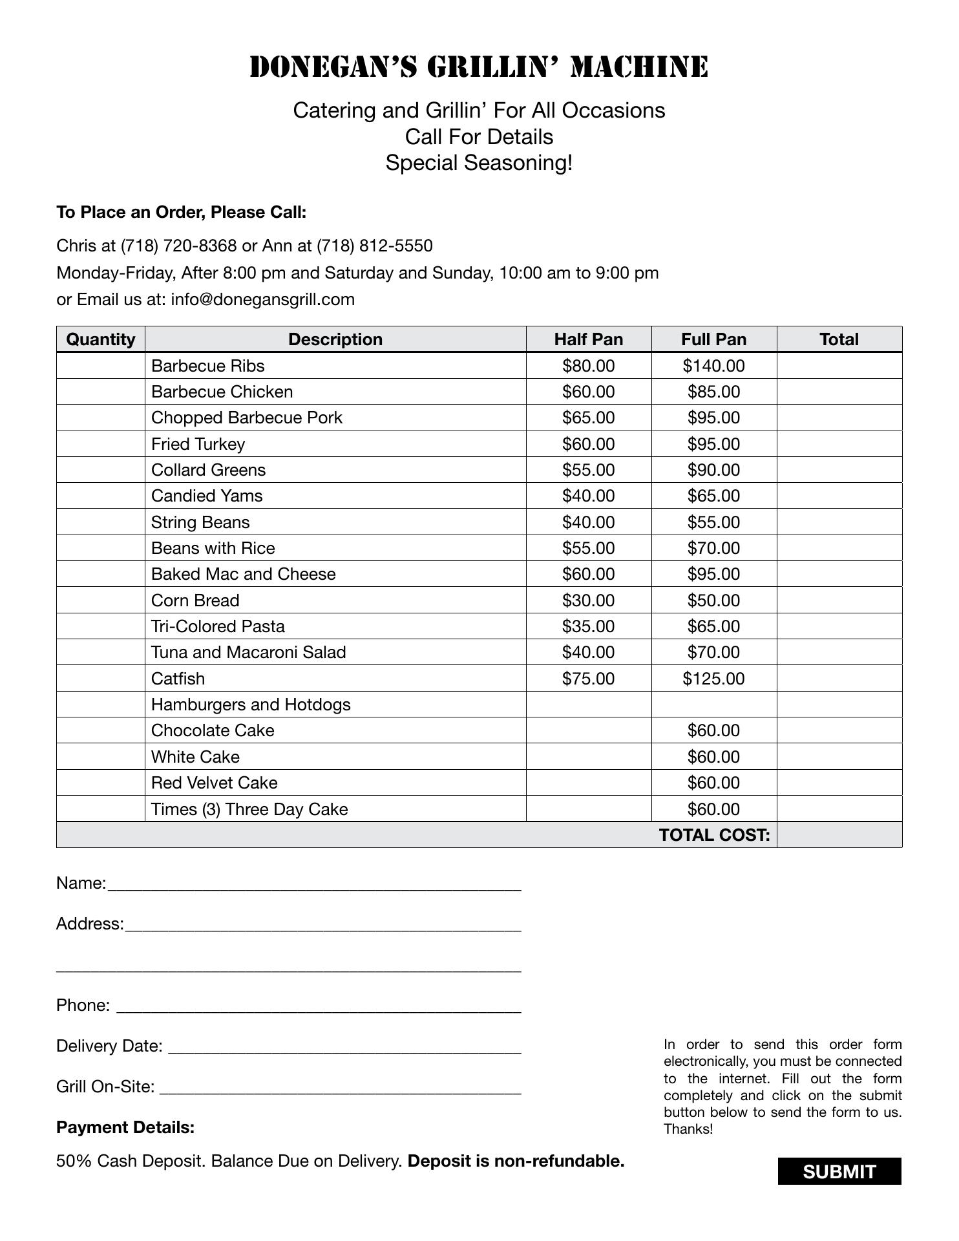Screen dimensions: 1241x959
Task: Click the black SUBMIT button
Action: [839, 1171]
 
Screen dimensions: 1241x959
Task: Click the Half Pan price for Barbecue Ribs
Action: [588, 366]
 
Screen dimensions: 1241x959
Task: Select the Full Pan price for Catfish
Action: [713, 679]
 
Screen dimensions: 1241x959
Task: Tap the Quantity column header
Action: [101, 339]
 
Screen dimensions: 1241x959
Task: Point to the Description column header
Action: [335, 339]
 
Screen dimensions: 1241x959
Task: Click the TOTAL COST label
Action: [714, 835]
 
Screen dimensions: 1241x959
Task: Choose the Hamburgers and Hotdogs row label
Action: [251, 705]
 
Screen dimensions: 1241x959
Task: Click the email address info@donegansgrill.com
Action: [262, 300]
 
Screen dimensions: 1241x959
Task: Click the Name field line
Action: [314, 884]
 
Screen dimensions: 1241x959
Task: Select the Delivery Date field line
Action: [344, 1047]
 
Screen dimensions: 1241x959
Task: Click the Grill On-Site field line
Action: [340, 1088]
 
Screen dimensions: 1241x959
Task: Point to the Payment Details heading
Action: [125, 1127]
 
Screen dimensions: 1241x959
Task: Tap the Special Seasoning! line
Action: [479, 163]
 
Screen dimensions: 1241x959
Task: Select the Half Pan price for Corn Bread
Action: [588, 600]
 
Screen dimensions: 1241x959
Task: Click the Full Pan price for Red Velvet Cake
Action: [713, 783]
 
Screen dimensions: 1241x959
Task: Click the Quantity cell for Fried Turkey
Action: [101, 444]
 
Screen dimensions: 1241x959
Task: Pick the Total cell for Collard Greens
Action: [839, 470]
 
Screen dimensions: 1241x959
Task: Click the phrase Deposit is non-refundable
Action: [516, 1161]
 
